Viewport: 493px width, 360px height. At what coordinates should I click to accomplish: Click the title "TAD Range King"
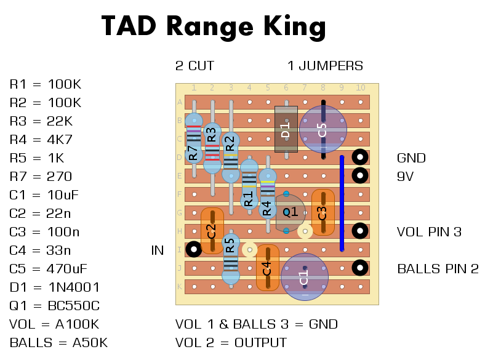213,26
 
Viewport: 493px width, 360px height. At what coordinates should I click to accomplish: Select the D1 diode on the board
286,129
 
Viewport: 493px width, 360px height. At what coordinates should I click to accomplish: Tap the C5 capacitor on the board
323,129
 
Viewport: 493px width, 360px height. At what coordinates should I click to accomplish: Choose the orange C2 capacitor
212,231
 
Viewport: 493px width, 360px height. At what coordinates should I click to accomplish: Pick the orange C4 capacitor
267,268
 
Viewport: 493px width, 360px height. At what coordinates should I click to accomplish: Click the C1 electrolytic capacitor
304,277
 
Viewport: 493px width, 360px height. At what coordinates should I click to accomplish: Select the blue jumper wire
342,203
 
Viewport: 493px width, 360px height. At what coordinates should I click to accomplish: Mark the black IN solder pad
194,250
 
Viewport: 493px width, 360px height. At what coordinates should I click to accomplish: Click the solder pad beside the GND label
360,158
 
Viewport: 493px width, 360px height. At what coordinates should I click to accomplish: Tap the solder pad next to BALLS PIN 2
360,268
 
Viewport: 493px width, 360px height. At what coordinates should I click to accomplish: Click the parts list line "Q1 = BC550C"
54,306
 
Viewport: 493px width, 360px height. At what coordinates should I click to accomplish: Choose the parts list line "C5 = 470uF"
49,269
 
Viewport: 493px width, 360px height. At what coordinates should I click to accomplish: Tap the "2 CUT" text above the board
194,66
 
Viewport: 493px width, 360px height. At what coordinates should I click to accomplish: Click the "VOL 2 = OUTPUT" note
231,343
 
